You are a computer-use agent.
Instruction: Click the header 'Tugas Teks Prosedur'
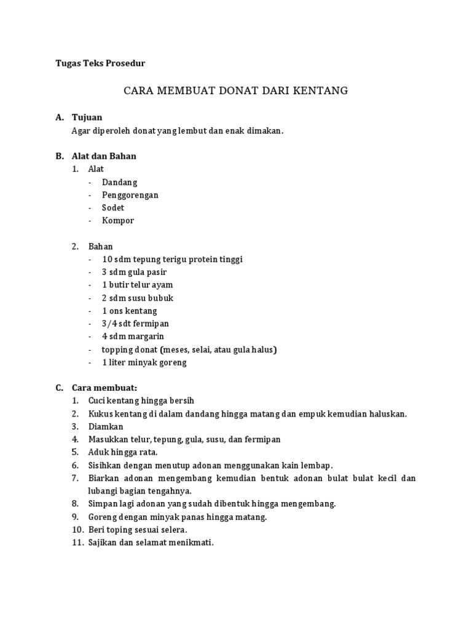(x=100, y=63)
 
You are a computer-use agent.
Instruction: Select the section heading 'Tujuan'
(x=87, y=117)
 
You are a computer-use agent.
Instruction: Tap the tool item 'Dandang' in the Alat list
(x=120, y=182)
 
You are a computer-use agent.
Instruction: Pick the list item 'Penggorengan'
(x=130, y=195)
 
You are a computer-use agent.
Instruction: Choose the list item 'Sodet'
(x=113, y=208)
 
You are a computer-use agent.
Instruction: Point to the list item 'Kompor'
(x=118, y=221)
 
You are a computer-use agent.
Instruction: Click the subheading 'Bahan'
(x=101, y=246)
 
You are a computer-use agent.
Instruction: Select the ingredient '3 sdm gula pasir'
(x=135, y=272)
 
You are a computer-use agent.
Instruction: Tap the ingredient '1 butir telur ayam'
(x=138, y=285)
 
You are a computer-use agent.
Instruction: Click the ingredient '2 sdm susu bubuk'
(x=138, y=298)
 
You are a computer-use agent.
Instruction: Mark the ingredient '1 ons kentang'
(x=130, y=311)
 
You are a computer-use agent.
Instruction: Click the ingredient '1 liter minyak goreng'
(x=144, y=362)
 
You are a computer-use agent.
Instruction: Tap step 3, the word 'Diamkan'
(x=106, y=426)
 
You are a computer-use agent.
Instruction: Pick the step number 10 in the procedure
(x=77, y=530)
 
